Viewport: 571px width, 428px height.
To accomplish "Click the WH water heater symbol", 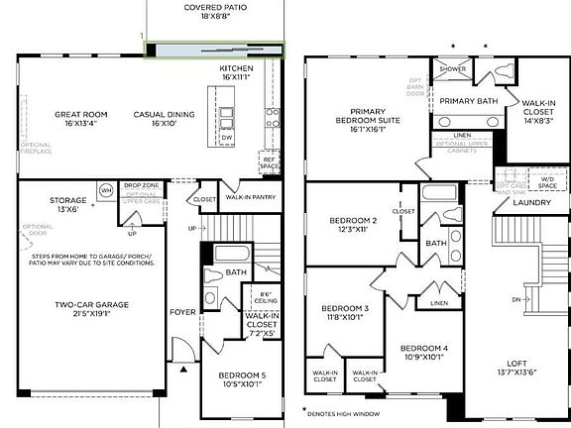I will point(105,190).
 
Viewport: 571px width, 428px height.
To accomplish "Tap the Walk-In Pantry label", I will point(249,198).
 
